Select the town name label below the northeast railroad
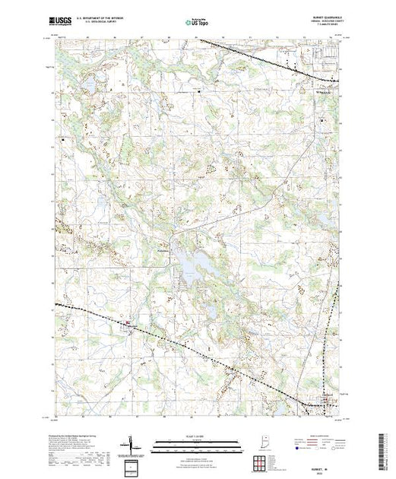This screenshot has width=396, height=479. pyautogui.click(x=323, y=93)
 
